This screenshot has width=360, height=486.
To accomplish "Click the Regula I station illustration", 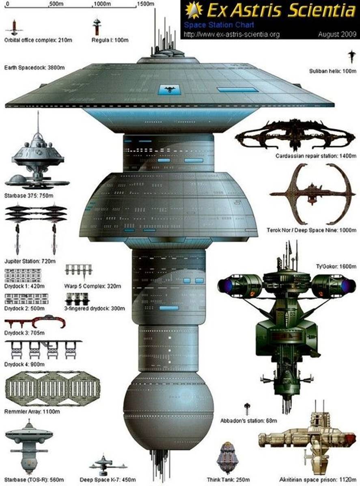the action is (97, 27).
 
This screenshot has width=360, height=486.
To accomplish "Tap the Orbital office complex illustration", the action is (14, 28).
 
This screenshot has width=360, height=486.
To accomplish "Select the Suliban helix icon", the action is (351, 57).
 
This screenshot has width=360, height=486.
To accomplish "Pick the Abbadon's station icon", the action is (247, 409).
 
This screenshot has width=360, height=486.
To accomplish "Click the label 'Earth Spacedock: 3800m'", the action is (34, 68).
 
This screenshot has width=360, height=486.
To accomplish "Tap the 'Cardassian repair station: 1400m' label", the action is (316, 156).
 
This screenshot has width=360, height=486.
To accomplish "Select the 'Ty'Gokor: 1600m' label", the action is (336, 266).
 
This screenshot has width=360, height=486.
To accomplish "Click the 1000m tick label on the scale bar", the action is (102, 4).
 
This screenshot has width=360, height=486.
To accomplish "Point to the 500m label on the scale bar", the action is (56, 4).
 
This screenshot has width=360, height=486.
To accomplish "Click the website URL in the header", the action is (232, 34).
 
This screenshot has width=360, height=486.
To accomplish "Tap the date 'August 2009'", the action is (337, 34).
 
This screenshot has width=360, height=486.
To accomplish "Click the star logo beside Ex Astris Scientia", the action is (194, 10).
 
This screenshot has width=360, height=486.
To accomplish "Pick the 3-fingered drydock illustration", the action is (78, 299).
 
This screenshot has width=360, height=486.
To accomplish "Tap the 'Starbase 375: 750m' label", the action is (28, 196).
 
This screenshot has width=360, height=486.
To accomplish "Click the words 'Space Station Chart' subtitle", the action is (219, 25).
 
